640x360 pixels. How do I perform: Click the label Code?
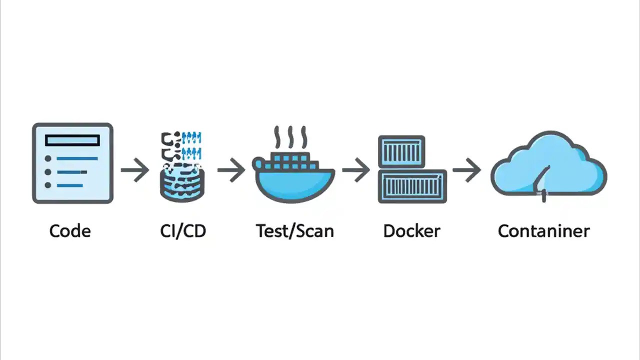(70, 231)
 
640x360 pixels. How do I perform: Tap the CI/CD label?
(183, 231)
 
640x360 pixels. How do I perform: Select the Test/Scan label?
(294, 231)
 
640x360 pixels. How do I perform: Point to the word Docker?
(411, 231)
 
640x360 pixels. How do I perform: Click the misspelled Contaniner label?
(543, 231)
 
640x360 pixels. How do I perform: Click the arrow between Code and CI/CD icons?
(135, 170)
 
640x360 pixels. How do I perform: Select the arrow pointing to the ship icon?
(231, 170)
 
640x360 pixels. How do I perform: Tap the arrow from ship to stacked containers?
(356, 170)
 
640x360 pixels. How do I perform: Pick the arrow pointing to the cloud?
(466, 170)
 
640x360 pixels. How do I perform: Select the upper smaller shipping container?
(401, 151)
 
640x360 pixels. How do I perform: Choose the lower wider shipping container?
(412, 186)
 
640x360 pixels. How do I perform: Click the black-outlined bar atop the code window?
(72, 140)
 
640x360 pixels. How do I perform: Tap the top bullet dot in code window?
(48, 158)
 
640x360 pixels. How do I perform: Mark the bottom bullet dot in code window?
(48, 185)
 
